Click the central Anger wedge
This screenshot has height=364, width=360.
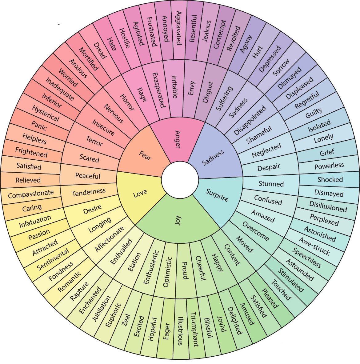click(178, 139)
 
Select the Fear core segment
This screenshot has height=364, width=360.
click(145, 156)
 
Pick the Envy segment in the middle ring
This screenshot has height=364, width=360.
click(192, 87)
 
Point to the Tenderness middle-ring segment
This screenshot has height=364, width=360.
click(89, 193)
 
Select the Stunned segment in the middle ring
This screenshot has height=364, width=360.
click(271, 184)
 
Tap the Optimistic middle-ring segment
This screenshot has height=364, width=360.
click(166, 272)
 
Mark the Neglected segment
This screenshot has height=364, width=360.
click(266, 150)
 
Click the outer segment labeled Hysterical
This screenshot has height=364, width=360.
click(45, 114)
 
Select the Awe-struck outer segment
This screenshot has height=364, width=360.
click(314, 246)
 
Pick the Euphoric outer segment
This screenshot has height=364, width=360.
click(113, 315)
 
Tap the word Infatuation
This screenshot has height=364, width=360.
click(35, 221)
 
